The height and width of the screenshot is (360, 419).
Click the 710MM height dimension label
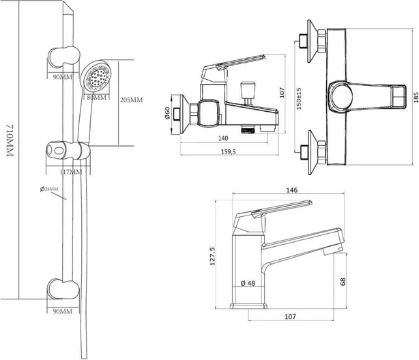[10, 140]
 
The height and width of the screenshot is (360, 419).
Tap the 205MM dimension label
[131, 100]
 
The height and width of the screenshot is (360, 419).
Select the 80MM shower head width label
[97, 97]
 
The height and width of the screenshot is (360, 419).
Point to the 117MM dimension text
[70, 172]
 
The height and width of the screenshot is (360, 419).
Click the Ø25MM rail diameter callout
[49, 189]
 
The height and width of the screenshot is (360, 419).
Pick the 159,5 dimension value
[229, 151]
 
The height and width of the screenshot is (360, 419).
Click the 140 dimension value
[223, 138]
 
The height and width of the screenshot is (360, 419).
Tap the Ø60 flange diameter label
[167, 113]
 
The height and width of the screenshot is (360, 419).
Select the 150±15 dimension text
[299, 99]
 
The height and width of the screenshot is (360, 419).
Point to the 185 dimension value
[416, 97]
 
